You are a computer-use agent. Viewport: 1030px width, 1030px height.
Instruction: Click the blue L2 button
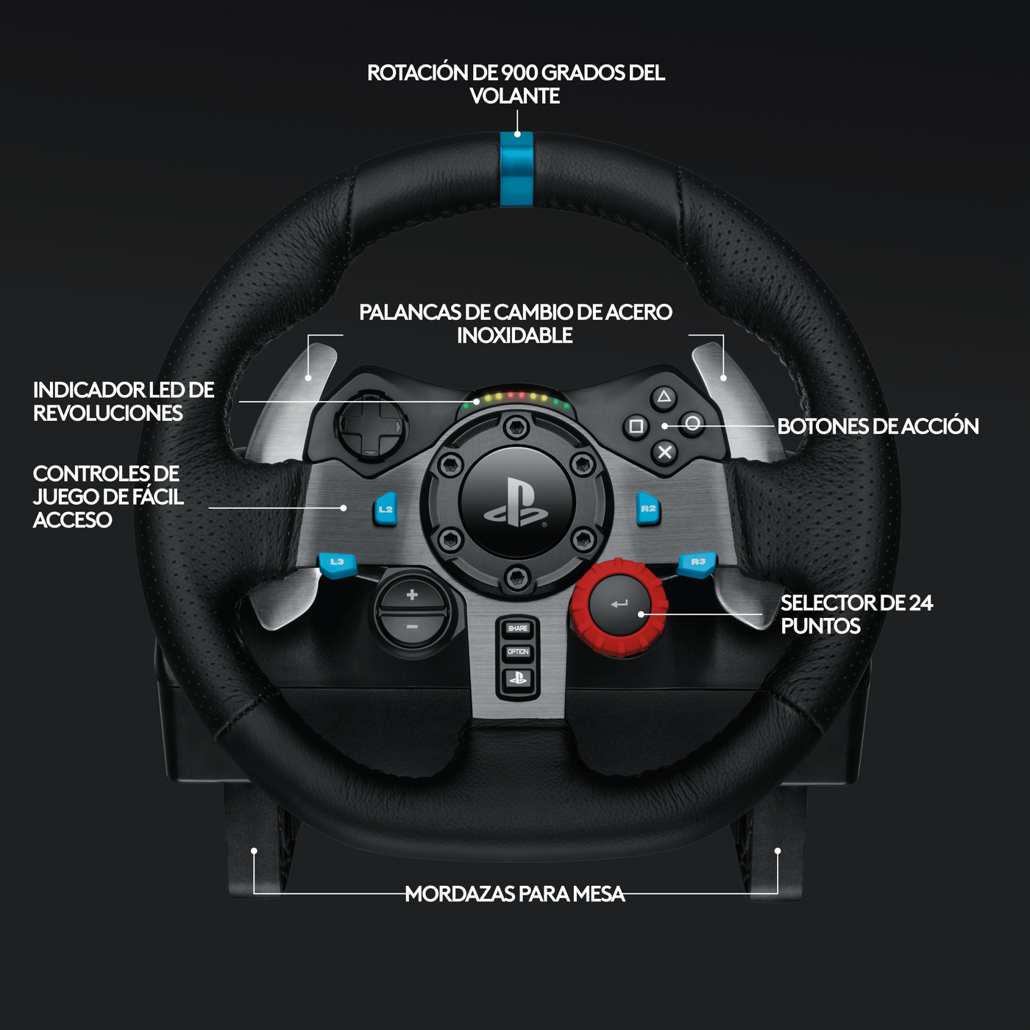coord(386,509)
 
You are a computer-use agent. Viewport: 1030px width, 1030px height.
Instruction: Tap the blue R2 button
coord(647,509)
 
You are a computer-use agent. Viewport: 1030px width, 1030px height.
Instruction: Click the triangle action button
coord(664,398)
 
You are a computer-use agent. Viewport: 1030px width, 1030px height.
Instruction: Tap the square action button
coord(636,426)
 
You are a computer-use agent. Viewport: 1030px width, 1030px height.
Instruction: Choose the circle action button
coord(692,424)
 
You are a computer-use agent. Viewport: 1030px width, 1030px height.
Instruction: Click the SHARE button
coord(518,628)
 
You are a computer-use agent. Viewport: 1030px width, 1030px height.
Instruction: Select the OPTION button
coord(518,652)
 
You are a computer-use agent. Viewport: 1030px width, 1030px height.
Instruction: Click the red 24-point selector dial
coord(619,606)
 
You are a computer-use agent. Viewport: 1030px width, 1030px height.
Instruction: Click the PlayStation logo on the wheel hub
coord(516,503)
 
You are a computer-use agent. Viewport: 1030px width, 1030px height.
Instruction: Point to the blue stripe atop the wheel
coord(516,169)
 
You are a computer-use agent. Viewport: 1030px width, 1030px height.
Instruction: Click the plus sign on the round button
coord(412,594)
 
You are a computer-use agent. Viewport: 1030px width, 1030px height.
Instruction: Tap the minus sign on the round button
coord(412,627)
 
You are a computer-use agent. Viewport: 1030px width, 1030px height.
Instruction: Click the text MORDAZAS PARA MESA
coord(515,894)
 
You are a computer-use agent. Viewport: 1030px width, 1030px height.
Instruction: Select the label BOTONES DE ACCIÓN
coord(878,426)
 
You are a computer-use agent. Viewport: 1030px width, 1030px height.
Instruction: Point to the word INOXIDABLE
coord(515,335)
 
